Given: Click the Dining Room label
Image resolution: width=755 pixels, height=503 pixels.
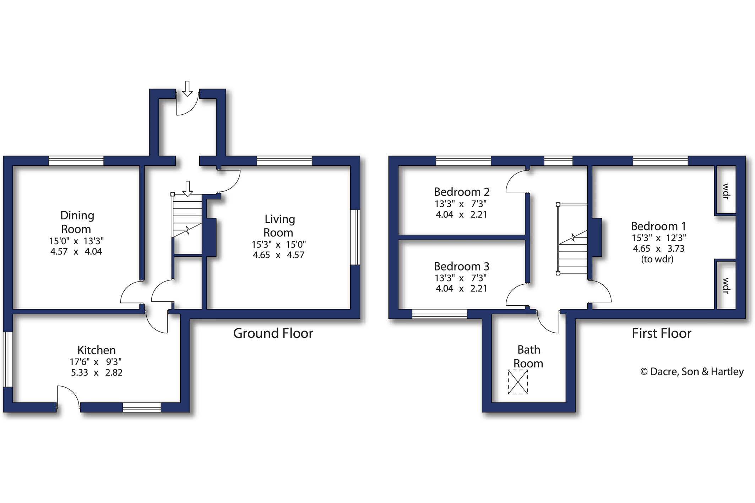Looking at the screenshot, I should [x=77, y=222].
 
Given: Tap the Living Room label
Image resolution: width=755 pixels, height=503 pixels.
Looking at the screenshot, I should [x=279, y=226].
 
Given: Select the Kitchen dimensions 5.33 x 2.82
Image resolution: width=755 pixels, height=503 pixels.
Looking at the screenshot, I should [x=97, y=372].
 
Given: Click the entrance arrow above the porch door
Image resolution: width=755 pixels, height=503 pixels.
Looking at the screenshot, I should [x=187, y=89].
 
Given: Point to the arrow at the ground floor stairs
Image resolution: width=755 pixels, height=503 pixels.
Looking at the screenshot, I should [x=188, y=189].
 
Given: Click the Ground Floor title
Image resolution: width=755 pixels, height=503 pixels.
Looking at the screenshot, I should [x=273, y=333].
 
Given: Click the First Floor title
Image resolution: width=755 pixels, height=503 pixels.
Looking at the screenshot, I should [x=661, y=333].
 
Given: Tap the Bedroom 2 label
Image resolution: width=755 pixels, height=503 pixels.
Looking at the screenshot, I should [x=461, y=192].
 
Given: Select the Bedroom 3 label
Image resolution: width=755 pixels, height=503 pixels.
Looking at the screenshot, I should [x=461, y=266].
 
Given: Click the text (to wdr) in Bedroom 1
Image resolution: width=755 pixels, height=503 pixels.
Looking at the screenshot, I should [x=657, y=259].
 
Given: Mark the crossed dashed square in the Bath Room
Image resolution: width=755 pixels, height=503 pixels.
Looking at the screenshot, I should [x=518, y=382].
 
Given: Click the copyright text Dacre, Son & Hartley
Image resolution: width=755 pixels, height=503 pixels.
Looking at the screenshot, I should [x=692, y=372].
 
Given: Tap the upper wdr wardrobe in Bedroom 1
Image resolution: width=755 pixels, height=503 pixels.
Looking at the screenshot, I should [x=725, y=190].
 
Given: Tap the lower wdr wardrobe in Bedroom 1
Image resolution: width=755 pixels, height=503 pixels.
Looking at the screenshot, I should [x=725, y=285].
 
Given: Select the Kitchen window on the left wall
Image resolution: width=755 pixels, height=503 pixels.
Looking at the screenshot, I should [x=8, y=359].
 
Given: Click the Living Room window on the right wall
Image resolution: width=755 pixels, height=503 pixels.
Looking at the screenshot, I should [x=355, y=237].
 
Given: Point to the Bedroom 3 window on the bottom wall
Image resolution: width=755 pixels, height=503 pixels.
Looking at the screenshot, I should [x=439, y=314].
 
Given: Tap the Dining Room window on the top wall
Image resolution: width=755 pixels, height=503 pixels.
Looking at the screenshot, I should [x=76, y=161].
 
